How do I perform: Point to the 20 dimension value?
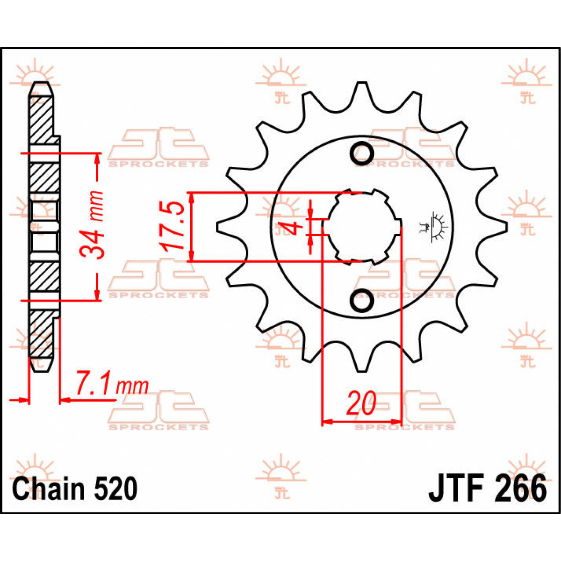tap(361, 403)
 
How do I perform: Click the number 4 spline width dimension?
tap(293, 229)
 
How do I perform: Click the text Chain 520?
tap(75, 489)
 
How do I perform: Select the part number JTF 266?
tap(487, 489)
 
